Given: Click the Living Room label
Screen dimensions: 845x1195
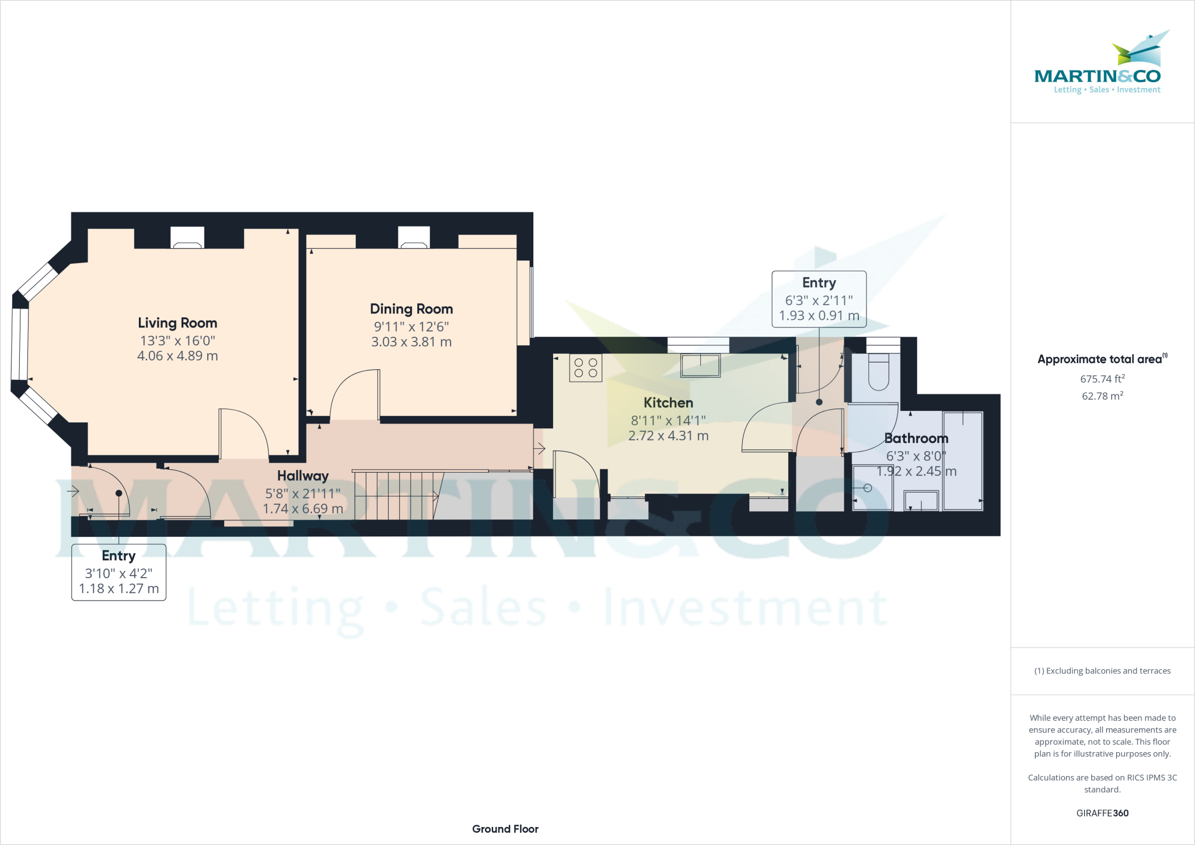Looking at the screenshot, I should [177, 323].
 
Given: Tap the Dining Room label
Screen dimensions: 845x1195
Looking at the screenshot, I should [411, 309].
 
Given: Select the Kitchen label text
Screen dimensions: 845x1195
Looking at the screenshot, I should [668, 403].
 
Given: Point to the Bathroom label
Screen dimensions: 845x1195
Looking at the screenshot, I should [916, 438].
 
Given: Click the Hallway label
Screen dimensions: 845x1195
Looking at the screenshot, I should [303, 476].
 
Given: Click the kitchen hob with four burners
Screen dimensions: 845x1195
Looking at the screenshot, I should [586, 368].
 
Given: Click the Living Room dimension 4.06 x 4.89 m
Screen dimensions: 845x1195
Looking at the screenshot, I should [177, 356].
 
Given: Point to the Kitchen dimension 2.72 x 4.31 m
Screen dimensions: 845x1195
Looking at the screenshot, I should [668, 436].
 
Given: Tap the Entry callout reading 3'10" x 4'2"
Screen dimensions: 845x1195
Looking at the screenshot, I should [119, 572].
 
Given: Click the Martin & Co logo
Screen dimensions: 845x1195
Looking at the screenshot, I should [1098, 64].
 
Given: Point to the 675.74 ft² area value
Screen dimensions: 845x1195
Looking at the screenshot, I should [1102, 379].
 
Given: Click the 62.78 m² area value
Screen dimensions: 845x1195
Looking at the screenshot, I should [1102, 396].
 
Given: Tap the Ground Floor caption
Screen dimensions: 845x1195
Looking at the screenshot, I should [505, 829].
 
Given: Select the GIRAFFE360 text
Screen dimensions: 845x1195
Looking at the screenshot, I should [1102, 813].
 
